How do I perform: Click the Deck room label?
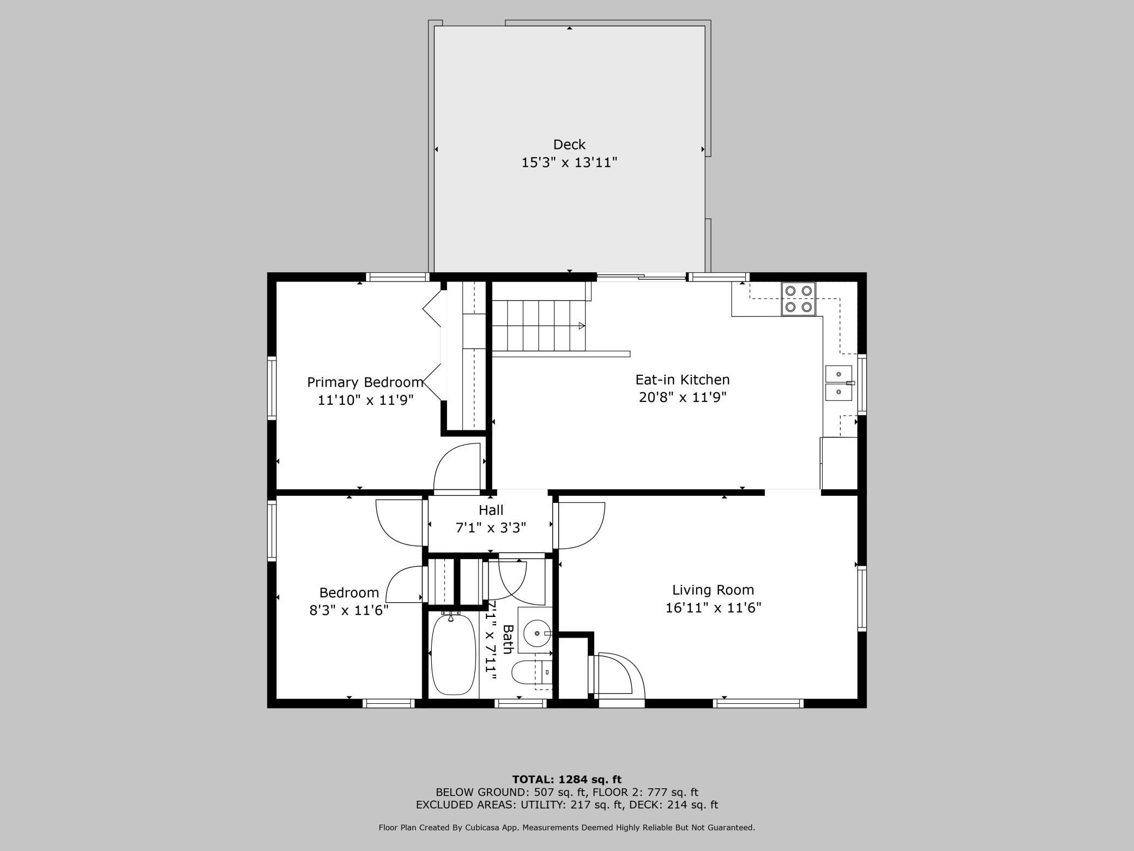(569, 145)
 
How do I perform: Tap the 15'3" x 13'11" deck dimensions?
(569, 163)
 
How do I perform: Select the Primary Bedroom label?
(365, 382)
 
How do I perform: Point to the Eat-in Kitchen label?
(683, 380)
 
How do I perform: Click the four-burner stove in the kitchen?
(799, 299)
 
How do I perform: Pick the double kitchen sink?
(839, 383)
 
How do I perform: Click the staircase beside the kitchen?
(539, 326)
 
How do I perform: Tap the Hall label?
(491, 510)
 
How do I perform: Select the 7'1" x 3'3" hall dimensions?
(491, 528)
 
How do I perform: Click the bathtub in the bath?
(453, 655)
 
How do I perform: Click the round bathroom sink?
(538, 633)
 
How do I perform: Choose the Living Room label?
(713, 590)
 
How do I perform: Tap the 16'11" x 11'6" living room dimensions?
(713, 608)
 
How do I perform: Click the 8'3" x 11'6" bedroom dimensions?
(349, 610)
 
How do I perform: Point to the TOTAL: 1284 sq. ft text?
(567, 780)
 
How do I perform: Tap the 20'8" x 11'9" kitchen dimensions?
(683, 397)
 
